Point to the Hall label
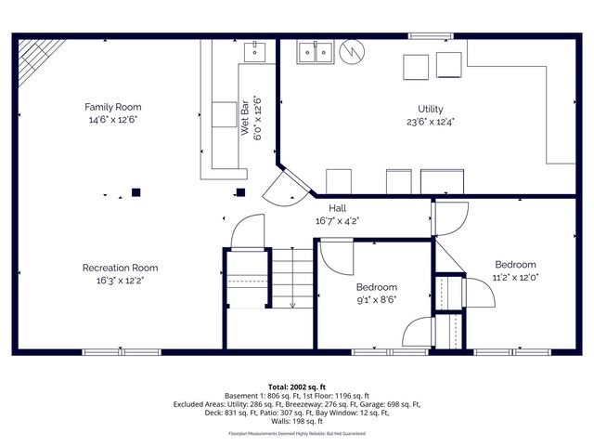point(337,208)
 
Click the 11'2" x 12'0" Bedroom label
point(515,263)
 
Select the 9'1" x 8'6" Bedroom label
point(377,287)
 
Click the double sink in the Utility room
point(316,54)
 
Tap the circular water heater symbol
point(350,53)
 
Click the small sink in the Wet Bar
point(255,52)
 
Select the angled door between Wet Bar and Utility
point(283,186)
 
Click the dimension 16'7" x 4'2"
point(337,220)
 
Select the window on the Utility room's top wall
point(424,36)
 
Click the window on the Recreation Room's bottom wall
point(122,352)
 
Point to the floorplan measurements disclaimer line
point(296,433)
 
